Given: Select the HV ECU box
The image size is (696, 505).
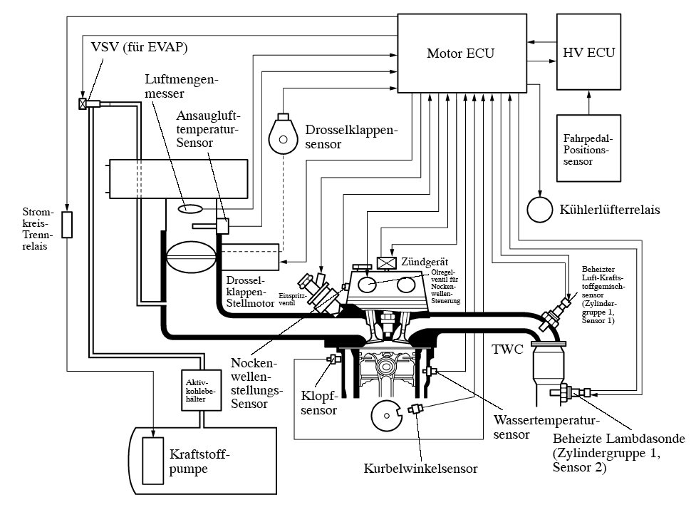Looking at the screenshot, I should coord(588,53).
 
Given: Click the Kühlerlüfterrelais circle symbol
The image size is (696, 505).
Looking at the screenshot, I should coord(540,209).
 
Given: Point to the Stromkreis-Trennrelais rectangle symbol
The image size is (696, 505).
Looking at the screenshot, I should coord(67,225).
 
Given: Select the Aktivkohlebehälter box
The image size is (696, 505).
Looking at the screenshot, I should coord(194,391).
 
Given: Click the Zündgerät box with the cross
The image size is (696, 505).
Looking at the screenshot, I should coord(386,262).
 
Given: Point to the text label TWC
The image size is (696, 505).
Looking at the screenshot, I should coord(508,350).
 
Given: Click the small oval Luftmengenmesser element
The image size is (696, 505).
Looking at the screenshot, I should coord(189,209).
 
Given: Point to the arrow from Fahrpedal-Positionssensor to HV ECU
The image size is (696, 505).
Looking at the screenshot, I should coord(588,102).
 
